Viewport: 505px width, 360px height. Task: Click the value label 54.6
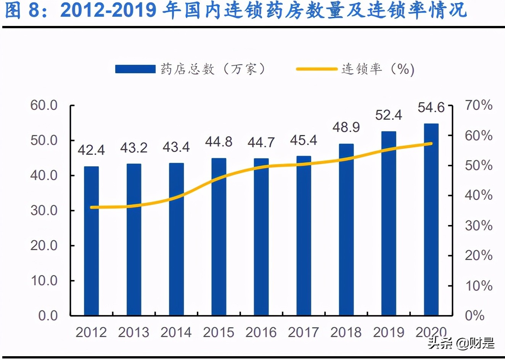point(431,108)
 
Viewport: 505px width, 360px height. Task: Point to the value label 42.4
point(91,150)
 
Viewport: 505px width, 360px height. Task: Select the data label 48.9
point(346,127)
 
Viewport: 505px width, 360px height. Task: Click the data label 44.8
point(219,142)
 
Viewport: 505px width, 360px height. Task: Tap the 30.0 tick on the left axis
point(44,211)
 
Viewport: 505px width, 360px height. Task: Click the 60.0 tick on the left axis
point(44,105)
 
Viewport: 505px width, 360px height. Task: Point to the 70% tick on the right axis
point(478,105)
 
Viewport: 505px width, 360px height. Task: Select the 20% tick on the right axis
point(478,256)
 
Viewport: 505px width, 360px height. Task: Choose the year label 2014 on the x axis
point(176,333)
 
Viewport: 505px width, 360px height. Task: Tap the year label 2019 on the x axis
point(389,333)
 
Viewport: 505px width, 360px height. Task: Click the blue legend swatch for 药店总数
point(135,69)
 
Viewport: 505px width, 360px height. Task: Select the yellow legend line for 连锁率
point(317,69)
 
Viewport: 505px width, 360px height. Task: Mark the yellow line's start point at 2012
point(92,207)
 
